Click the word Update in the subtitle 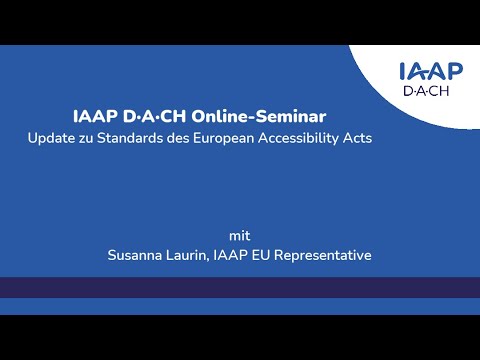[51, 138]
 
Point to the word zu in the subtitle [87, 138]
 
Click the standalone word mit [239, 236]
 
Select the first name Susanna [138, 256]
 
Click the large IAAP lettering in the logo [430, 72]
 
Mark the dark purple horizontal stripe [240, 287]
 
